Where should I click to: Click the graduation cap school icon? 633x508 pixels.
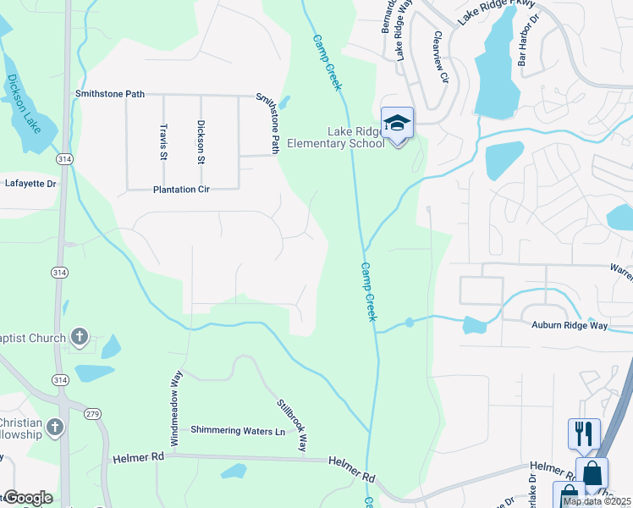pos(397,123)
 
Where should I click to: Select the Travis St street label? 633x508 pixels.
pos(163,141)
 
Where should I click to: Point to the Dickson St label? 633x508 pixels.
pos(201,141)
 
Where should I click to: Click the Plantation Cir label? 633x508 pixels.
pos(181,190)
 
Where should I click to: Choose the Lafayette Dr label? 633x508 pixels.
pos(30,183)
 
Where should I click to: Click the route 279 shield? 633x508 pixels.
pos(91,414)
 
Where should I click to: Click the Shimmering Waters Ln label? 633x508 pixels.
pos(238,431)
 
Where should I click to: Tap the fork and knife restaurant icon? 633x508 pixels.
pos(584,434)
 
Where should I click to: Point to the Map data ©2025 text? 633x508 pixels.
pos(596,501)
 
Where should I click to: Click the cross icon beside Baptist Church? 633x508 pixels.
pos(80,337)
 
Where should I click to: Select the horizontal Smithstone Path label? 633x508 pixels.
pos(110,94)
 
